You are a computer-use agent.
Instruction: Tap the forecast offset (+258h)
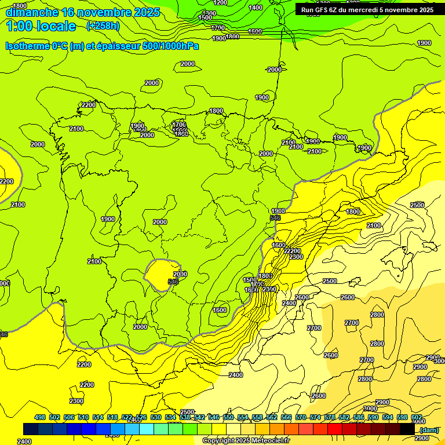point(103,25)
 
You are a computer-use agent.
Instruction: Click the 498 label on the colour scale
point(40,417)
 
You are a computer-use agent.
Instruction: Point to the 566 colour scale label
point(286,417)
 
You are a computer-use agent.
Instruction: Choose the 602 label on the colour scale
point(417,417)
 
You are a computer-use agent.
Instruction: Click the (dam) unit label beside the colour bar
point(429,429)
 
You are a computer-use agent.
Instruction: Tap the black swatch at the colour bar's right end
point(407,429)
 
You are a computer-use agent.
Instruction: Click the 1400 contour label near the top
point(255,8)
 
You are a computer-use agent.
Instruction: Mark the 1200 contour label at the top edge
point(220,2)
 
